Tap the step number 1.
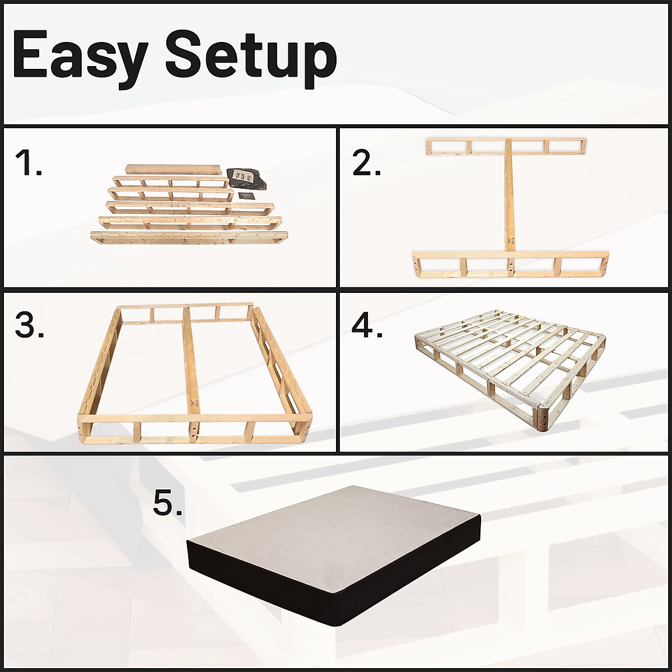tap(28, 163)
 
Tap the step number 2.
tap(367, 163)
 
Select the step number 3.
tap(29, 325)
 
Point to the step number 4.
tap(367, 325)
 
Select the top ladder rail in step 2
tap(506, 146)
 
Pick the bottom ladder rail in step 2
tap(510, 264)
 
